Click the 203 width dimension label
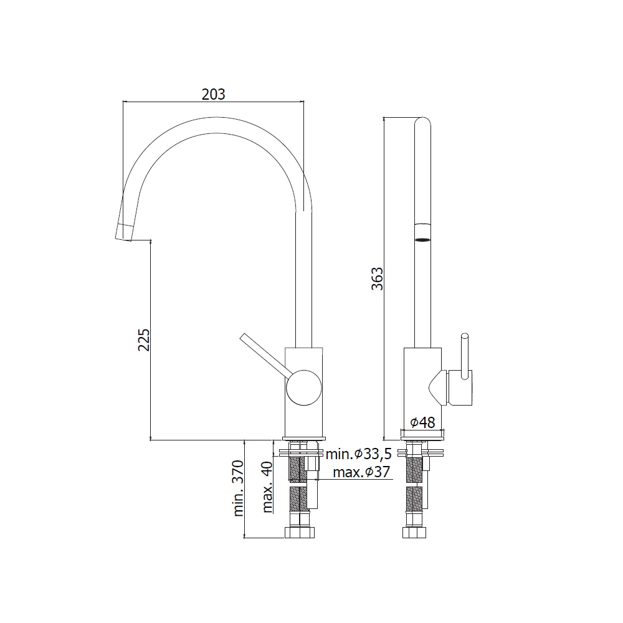pyautogui.click(x=213, y=94)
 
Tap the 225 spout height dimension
pyautogui.click(x=144, y=340)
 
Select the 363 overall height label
pyautogui.click(x=377, y=278)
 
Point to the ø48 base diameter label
pyautogui.click(x=423, y=422)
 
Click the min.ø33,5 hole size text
pyautogui.click(x=358, y=454)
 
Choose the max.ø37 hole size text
pyautogui.click(x=361, y=472)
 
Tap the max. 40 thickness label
pyautogui.click(x=267, y=487)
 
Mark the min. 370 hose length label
pyautogui.click(x=237, y=488)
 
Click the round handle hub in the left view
pyautogui.click(x=304, y=388)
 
